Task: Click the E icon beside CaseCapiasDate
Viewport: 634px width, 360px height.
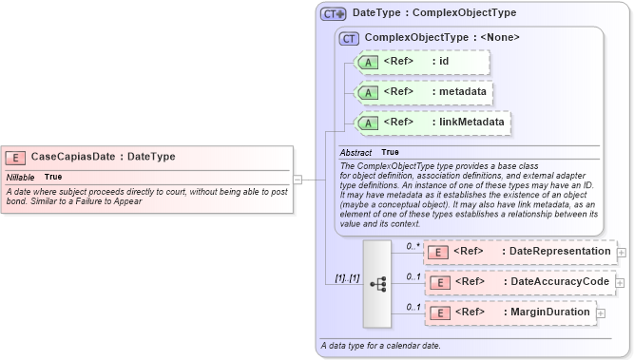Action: (x=16, y=158)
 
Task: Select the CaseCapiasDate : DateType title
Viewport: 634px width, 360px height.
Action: (x=103, y=157)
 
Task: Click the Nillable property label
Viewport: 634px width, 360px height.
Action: (x=21, y=177)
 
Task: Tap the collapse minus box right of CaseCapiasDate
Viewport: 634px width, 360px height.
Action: (x=298, y=178)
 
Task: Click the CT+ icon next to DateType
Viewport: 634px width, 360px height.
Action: (x=333, y=13)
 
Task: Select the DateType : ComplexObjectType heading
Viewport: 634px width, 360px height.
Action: (x=434, y=13)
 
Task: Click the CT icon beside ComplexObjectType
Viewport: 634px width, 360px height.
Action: (x=349, y=38)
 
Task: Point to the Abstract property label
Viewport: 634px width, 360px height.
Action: (x=356, y=152)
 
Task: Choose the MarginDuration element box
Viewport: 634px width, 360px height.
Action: (x=509, y=313)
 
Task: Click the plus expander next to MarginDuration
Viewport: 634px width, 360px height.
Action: (x=601, y=313)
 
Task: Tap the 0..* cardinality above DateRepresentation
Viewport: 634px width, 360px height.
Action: (x=413, y=246)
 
